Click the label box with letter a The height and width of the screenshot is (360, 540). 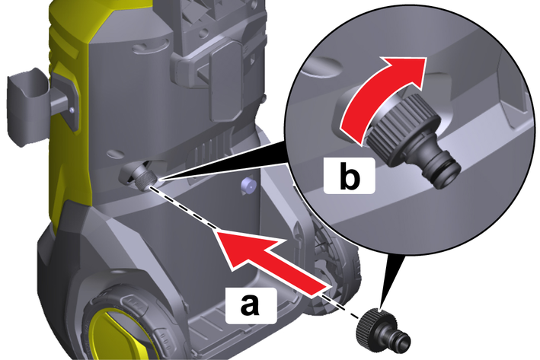(251, 305)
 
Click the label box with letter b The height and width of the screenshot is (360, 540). (349, 175)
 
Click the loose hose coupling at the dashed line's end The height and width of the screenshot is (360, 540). (382, 330)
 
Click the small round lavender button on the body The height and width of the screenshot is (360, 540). (249, 186)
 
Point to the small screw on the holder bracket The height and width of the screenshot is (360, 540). (72, 110)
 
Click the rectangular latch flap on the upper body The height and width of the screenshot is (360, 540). (227, 81)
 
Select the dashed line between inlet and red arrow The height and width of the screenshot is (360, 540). (183, 207)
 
